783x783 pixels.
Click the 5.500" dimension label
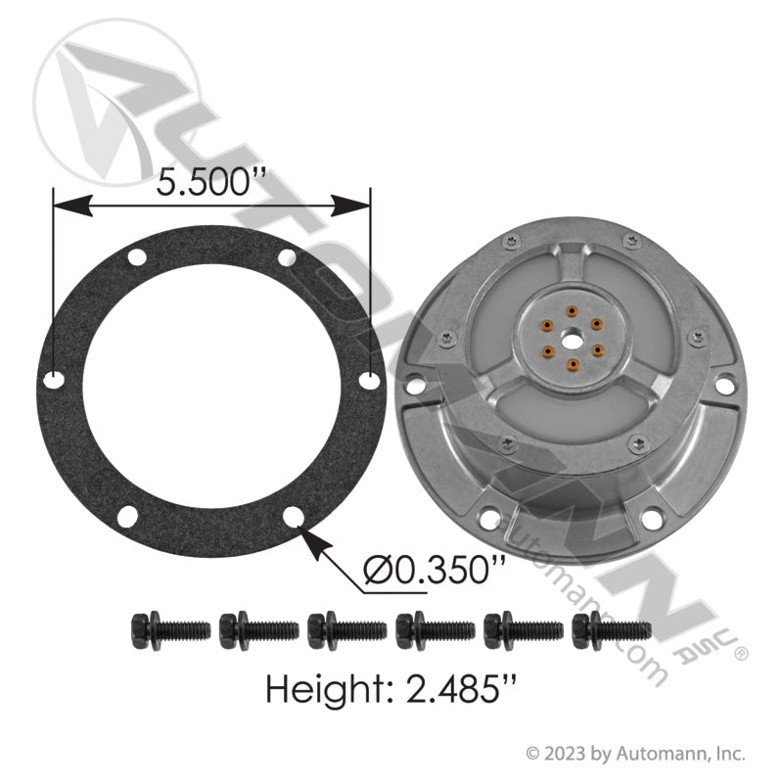[x=213, y=181]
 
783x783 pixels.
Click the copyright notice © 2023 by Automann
[x=636, y=754]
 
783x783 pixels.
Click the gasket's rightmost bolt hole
[x=368, y=378]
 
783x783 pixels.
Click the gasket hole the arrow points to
[x=291, y=515]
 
